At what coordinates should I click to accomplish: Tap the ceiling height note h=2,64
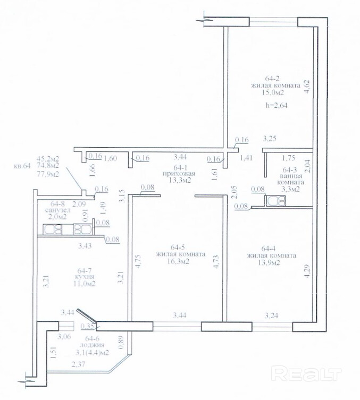point(276,105)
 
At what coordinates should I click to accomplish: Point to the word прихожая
point(179,174)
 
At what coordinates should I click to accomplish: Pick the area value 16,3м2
point(180,261)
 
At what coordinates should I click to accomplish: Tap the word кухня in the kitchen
point(85,277)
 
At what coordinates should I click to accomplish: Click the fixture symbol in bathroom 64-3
point(276,200)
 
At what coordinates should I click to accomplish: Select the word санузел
point(57,210)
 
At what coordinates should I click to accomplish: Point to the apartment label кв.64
point(22,166)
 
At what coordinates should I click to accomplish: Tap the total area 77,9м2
point(48,174)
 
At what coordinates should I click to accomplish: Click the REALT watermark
point(306,374)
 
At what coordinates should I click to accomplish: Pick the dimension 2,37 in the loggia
point(78,364)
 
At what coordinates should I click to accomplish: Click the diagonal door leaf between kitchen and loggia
point(87,316)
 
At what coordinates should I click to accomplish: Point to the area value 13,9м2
point(270,262)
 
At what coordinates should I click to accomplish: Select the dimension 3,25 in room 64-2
point(270,139)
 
